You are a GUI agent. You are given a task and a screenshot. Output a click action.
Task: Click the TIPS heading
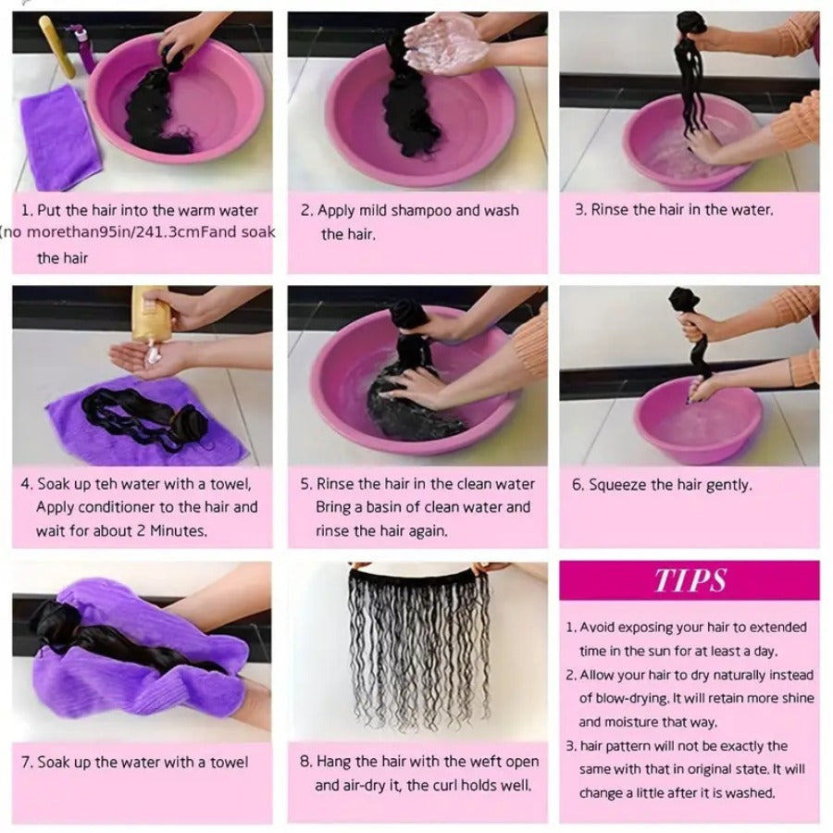point(690,580)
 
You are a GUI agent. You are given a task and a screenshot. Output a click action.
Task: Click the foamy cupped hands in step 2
point(447,44)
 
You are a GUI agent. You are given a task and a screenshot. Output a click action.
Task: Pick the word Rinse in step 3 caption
point(609,210)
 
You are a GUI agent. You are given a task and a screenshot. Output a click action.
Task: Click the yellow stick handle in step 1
point(57,47)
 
